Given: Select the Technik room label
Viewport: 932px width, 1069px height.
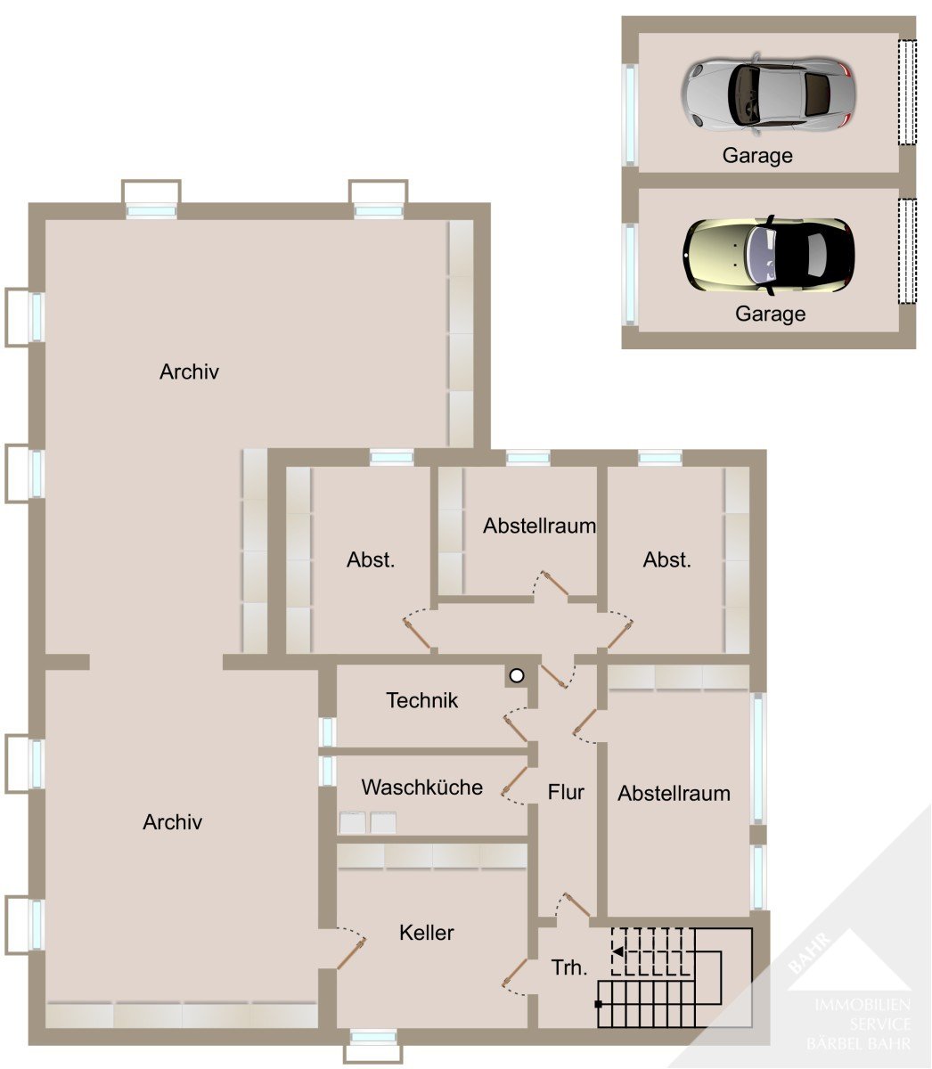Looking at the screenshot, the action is pos(421,701).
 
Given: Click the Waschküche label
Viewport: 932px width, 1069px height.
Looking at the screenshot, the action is pos(421,787).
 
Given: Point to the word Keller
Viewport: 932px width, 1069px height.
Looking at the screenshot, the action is pos(426,933).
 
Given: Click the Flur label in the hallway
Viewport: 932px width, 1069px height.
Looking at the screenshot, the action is pos(565,792).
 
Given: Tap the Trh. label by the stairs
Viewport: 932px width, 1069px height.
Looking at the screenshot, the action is pos(569,967).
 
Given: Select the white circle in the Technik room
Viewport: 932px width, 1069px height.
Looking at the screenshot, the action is pos(517,676).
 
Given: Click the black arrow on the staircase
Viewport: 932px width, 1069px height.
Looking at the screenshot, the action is pos(618,951).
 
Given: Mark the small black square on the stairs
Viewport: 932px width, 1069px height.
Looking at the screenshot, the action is pos(598,1004).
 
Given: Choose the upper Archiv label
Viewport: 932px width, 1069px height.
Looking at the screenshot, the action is pos(189,372).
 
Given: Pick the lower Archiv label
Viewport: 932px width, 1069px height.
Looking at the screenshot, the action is pos(172,822).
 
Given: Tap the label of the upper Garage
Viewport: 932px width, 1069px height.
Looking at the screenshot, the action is pos(757,156).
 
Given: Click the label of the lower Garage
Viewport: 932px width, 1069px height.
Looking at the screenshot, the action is pos(770,314).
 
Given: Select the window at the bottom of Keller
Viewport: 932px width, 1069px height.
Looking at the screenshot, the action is pos(373,1037).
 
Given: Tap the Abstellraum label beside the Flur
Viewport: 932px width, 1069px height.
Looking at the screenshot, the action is pos(674,794).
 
